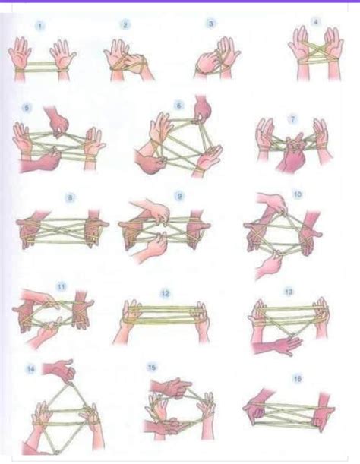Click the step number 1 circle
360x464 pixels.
[39, 26]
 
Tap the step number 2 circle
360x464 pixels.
[125, 25]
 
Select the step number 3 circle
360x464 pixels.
[210, 24]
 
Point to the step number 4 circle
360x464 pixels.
[315, 23]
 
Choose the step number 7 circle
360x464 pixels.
[292, 119]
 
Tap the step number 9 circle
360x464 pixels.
[179, 196]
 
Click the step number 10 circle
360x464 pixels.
[296, 195]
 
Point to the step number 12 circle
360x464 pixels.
[165, 292]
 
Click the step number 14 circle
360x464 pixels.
[31, 370]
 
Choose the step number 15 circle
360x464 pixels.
[152, 368]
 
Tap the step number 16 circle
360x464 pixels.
[297, 377]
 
